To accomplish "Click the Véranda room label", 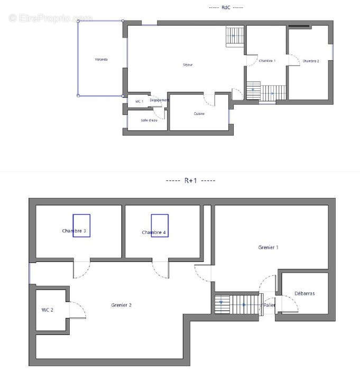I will pos(101,59).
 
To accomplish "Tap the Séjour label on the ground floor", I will pos(188,65).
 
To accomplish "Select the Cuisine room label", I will pos(199,114).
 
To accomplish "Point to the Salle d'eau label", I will pos(149,120).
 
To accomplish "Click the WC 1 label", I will pos(139,101).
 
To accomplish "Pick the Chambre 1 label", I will pos(267,61).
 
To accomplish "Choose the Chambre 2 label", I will pos(311,61).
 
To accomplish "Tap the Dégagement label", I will pos(159,100).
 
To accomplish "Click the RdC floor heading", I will pos(226,7).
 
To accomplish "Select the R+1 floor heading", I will pos(191,180).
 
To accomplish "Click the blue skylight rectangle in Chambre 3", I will pos(81,225).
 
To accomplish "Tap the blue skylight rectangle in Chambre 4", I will pos(160,225).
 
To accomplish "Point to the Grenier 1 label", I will pos(268,247).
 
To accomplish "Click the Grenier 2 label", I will pos(122,305).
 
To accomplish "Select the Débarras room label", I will pos(304,293).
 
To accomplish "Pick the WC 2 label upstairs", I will pos(48,310).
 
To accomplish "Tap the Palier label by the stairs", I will pos(269,305).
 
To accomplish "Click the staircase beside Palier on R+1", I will pos(238,304).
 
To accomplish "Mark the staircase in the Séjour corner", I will pos(234,37).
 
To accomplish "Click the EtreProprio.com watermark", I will pos(50,17).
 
